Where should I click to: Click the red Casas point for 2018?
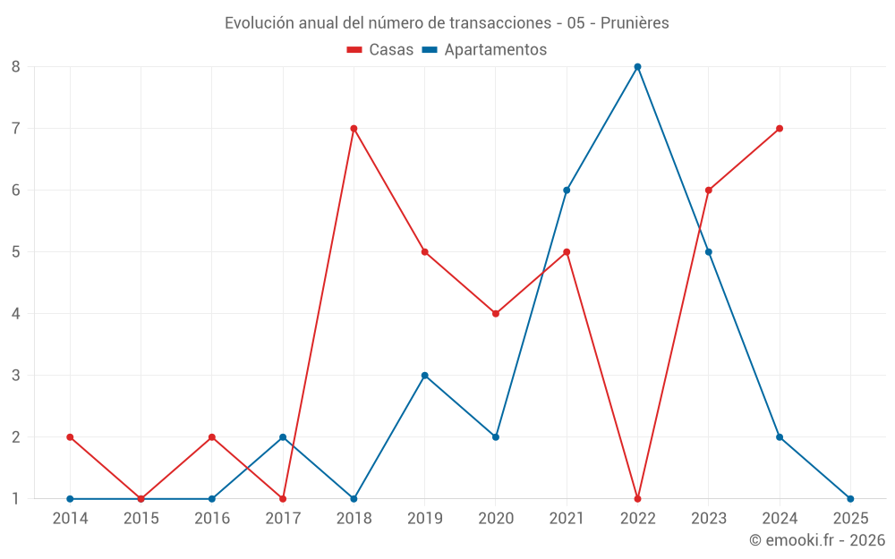click(354, 128)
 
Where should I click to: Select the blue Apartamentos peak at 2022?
click(637, 66)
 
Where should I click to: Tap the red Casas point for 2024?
click(780, 128)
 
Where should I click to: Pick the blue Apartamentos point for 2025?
click(850, 498)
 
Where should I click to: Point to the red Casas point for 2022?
click(637, 498)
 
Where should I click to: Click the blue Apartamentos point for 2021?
click(567, 190)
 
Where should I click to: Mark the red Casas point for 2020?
click(496, 313)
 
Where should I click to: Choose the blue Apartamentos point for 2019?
click(424, 375)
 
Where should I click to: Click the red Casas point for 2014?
click(70, 436)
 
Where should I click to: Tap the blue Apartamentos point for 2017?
click(283, 436)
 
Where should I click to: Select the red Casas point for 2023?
click(709, 190)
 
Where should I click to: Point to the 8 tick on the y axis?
click(16, 66)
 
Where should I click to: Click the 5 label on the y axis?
click(16, 251)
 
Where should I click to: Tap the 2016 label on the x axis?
click(212, 518)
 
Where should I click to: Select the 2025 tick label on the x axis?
click(850, 518)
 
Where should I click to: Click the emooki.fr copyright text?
click(817, 540)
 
